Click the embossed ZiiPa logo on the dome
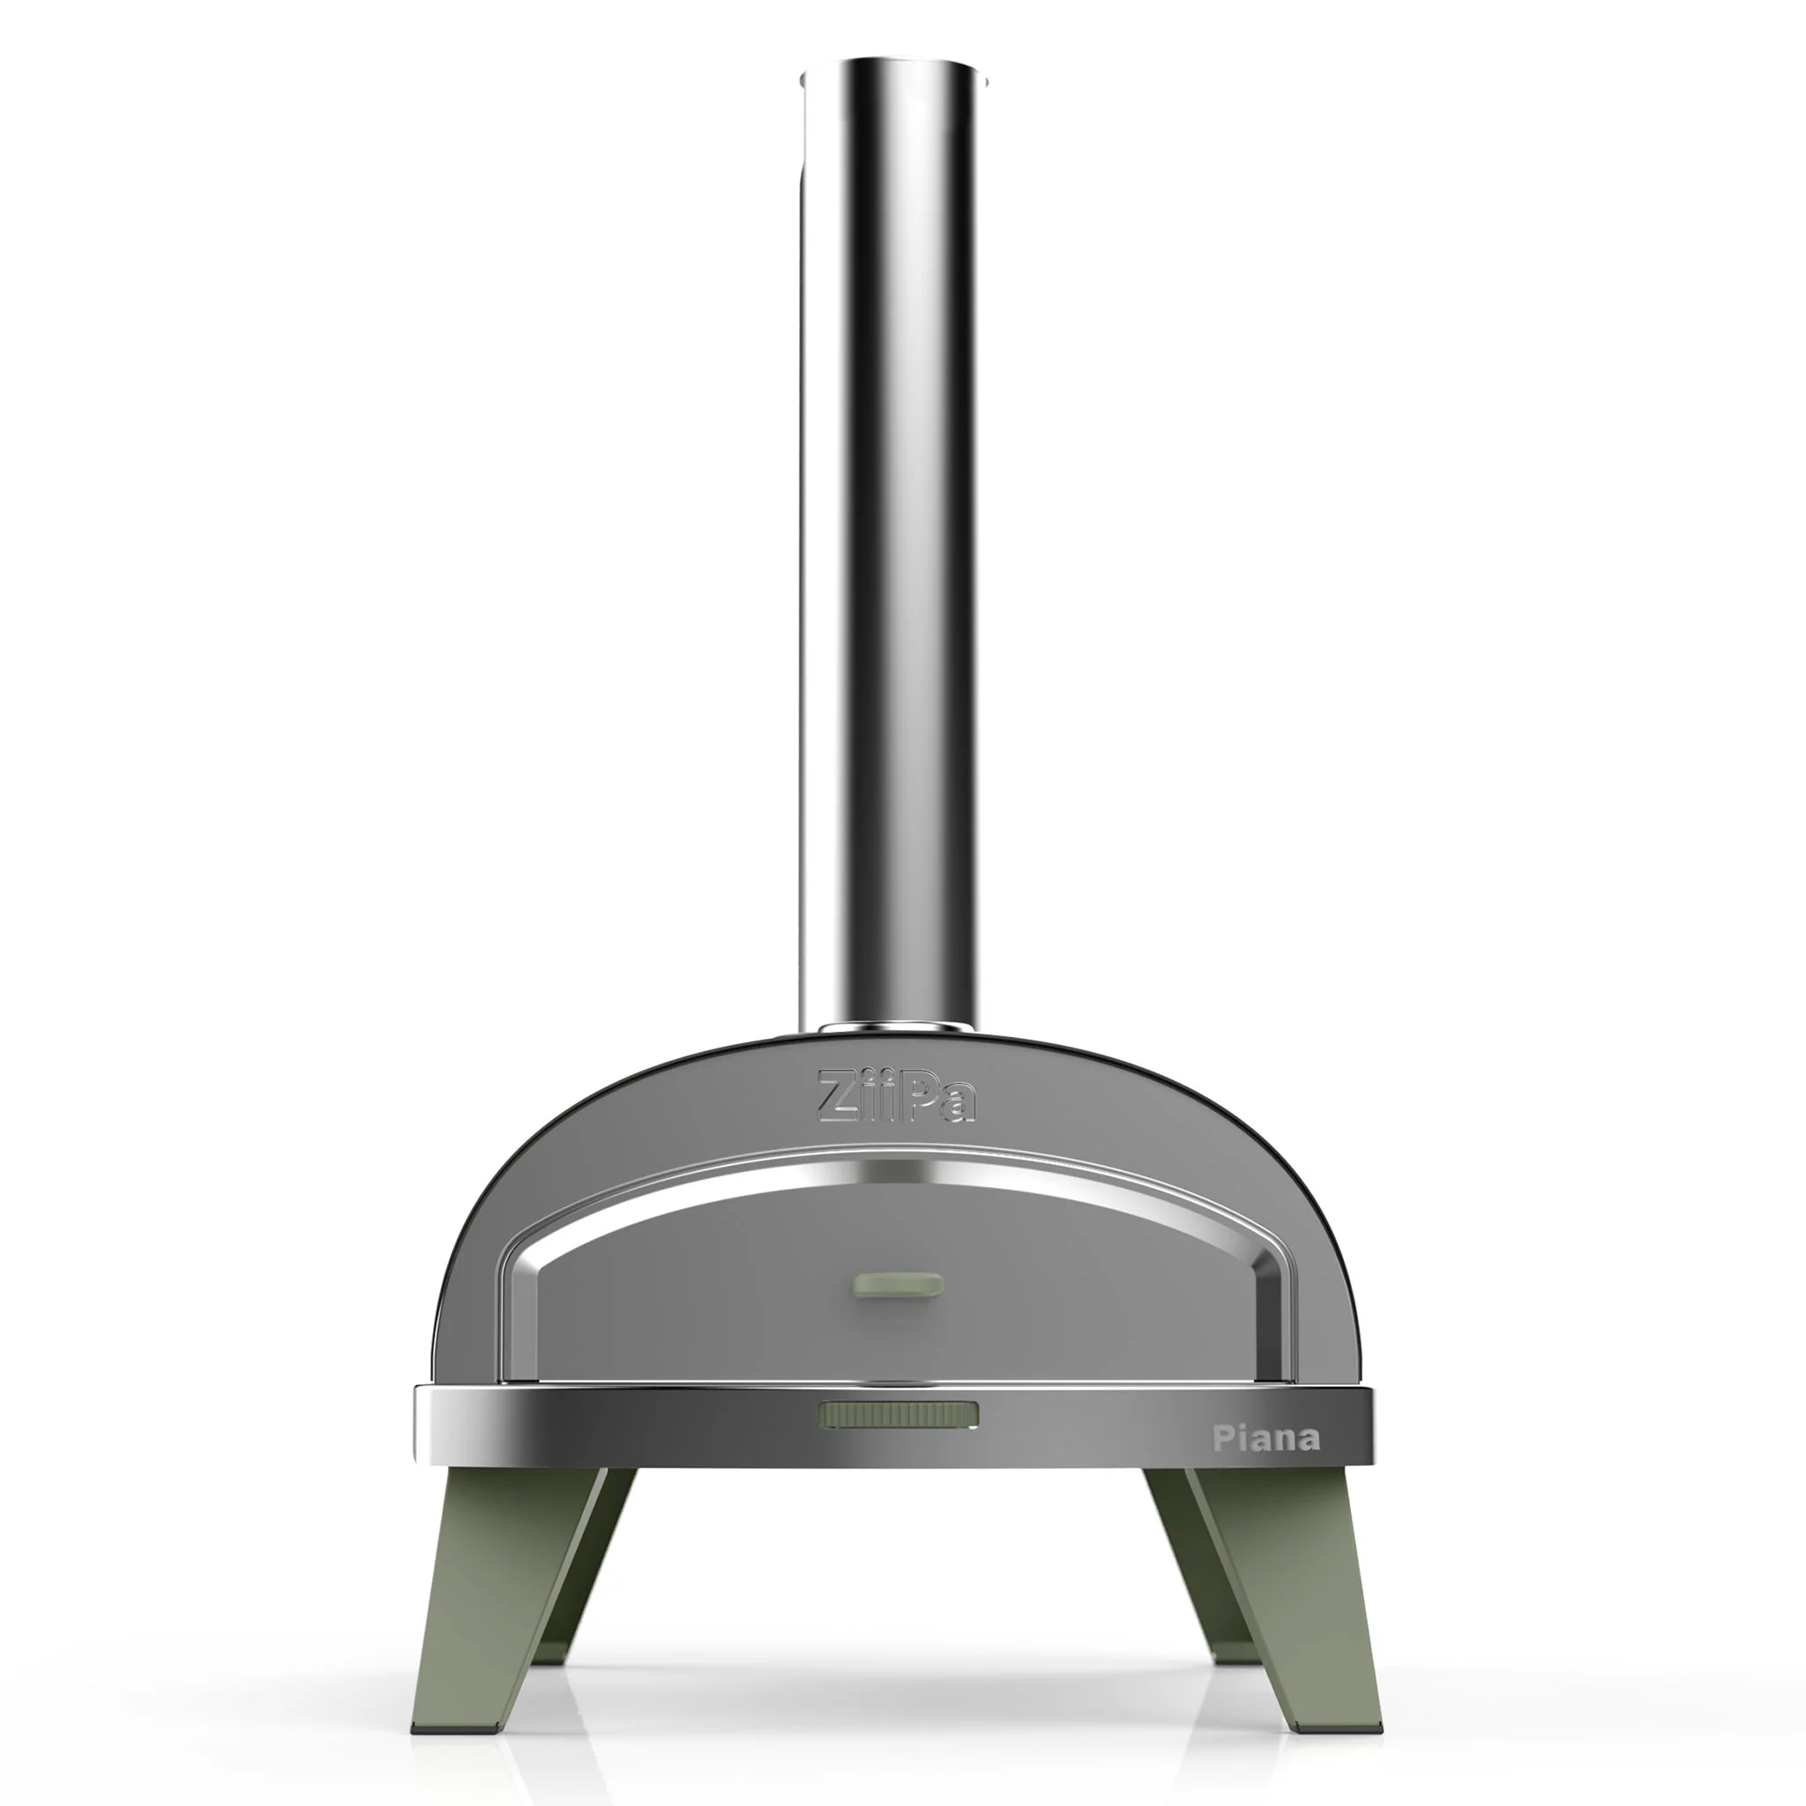click(x=897, y=1095)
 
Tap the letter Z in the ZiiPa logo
click(x=834, y=1096)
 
